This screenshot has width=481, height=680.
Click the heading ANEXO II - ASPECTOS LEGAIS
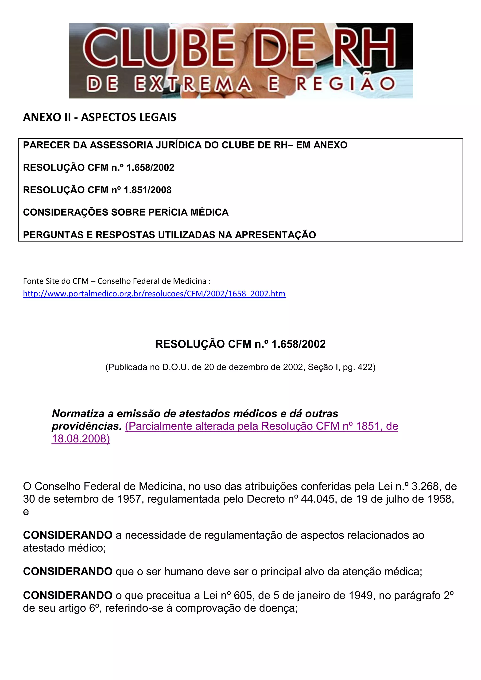click(100, 117)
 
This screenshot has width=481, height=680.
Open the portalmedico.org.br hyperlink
click(154, 294)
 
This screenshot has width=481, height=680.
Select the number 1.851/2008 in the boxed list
click(147, 190)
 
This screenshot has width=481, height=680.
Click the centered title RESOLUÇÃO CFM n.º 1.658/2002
click(240, 344)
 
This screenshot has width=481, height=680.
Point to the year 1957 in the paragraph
click(129, 499)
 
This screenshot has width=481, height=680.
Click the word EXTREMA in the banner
click(193, 84)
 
